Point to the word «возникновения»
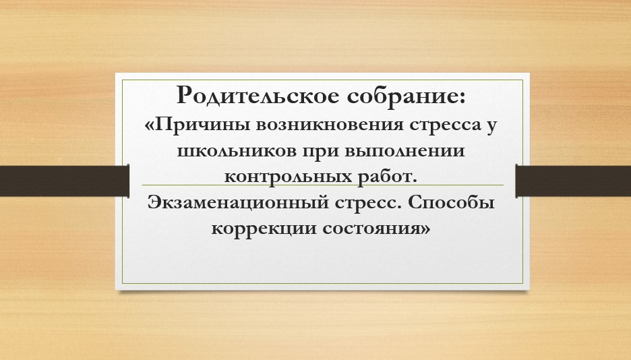point(330,125)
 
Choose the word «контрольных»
point(288,177)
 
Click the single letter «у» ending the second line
point(491,127)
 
